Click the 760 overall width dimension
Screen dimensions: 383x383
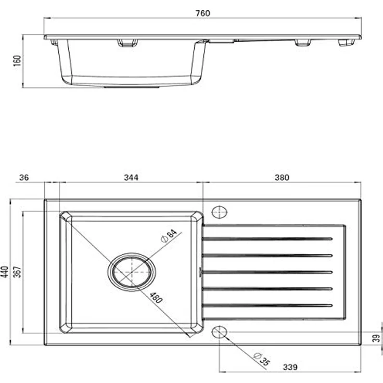[x=203, y=13]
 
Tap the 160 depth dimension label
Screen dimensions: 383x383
[x=17, y=60]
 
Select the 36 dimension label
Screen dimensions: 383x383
[x=24, y=177]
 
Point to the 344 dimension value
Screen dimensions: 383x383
[x=131, y=177]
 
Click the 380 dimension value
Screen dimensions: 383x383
[x=282, y=177]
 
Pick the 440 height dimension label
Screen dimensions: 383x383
[x=5, y=272]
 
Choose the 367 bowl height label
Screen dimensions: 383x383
[x=17, y=272]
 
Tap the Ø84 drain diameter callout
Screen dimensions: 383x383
[x=169, y=236]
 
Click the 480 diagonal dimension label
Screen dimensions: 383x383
[x=156, y=298]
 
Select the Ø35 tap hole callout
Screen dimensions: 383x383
[x=262, y=359]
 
